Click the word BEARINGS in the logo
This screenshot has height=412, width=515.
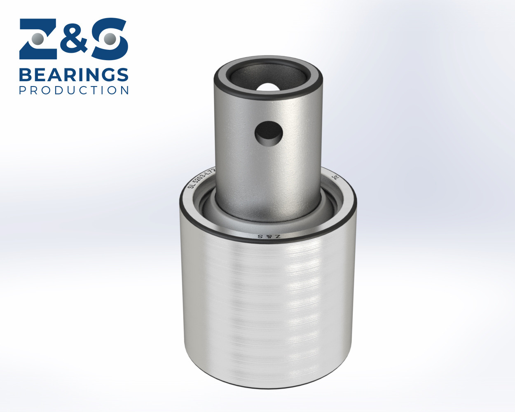click(x=74, y=75)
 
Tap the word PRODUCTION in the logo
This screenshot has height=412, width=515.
click(x=74, y=90)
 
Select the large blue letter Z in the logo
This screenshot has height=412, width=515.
click(x=37, y=39)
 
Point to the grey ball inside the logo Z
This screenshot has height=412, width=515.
click(x=37, y=39)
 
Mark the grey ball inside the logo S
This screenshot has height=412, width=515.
click(x=109, y=39)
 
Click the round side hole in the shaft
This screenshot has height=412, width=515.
click(x=269, y=133)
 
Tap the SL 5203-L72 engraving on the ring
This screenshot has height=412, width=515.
click(x=201, y=178)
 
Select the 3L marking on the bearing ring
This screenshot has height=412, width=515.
click(x=336, y=177)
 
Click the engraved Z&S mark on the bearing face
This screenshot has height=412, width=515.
click(x=269, y=236)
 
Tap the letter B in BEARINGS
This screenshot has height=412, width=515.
click(x=26, y=75)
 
